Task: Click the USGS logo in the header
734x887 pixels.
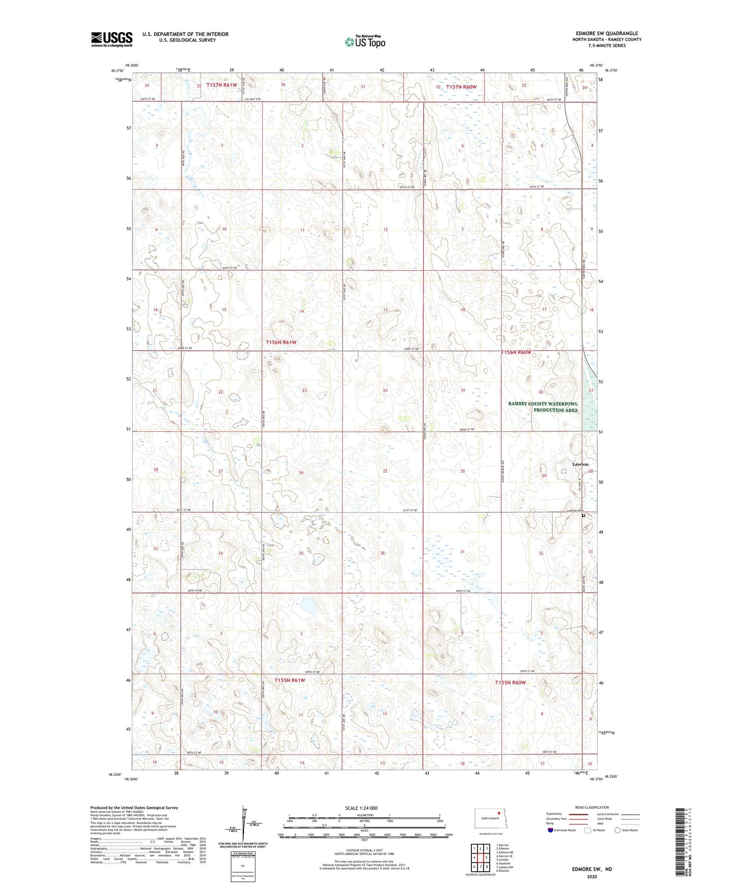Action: pos(111,39)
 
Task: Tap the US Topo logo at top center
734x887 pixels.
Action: pos(365,42)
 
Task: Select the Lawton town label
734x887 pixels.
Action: pos(580,464)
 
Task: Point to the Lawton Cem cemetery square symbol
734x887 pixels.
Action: pos(584,516)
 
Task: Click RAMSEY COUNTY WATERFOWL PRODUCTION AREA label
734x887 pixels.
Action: pos(543,407)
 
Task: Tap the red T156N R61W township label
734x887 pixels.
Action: pos(281,342)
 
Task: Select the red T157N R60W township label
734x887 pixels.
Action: pos(461,87)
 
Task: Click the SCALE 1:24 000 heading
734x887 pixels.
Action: pos(361,808)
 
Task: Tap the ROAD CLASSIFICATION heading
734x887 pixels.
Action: pos(592,807)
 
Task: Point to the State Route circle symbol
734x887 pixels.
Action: pos(617,830)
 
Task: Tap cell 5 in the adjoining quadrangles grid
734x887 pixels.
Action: pos(487,858)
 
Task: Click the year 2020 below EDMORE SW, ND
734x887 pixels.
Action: pos(592,876)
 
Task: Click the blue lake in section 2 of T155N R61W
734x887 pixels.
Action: pos(308,605)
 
